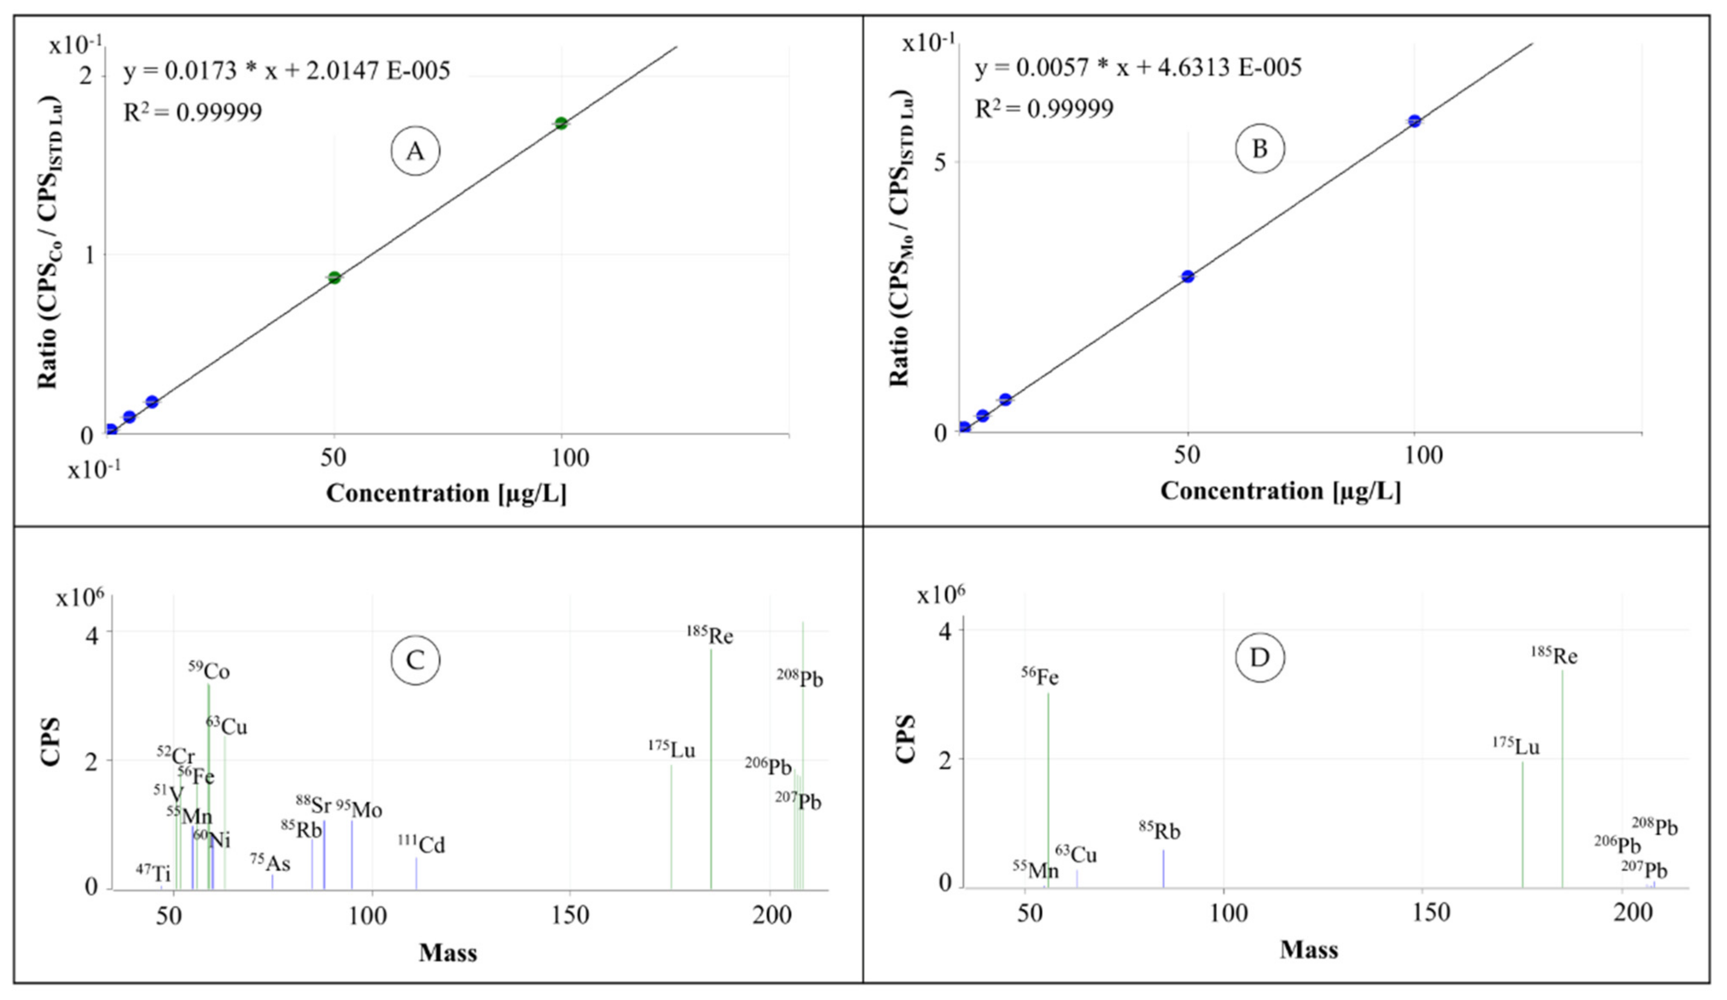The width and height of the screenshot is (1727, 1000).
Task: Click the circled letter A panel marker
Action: tap(415, 151)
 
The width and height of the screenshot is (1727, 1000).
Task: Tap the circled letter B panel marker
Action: tap(1259, 149)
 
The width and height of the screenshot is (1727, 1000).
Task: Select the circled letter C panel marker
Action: tap(415, 660)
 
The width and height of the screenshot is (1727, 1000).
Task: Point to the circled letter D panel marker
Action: tap(1259, 658)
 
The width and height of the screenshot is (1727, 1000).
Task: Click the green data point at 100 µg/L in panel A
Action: tap(561, 123)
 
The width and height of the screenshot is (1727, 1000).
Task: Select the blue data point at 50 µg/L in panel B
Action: tap(1188, 276)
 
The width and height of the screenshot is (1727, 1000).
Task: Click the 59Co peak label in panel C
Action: tap(210, 671)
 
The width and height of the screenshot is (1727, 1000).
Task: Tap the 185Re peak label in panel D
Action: tap(1554, 656)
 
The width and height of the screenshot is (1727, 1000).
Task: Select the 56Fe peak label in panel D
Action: tap(1040, 677)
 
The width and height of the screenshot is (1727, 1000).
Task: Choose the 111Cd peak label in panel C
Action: tap(422, 844)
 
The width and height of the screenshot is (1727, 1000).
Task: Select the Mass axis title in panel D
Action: tap(1309, 949)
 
